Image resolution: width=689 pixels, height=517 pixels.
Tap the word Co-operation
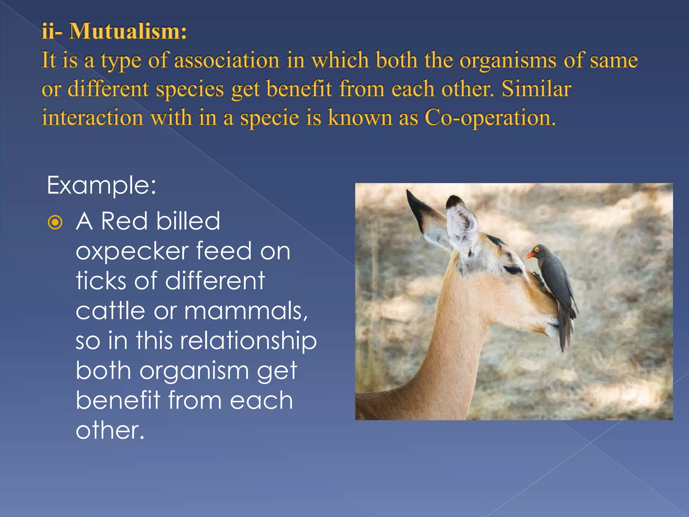[x=489, y=118]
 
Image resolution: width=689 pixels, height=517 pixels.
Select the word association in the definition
[x=226, y=60]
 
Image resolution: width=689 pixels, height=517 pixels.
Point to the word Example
[x=101, y=185]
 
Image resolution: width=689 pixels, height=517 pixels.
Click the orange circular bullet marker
[x=55, y=222]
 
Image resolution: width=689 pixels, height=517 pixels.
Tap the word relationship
[x=248, y=340]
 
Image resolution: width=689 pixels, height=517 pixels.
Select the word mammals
[x=246, y=311]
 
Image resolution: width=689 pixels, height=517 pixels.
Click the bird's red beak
[x=530, y=255]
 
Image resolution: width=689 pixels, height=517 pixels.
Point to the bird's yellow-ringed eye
[x=537, y=250]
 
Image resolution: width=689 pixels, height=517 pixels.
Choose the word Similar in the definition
[x=536, y=89]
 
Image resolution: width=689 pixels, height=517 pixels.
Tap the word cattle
[x=110, y=311]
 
